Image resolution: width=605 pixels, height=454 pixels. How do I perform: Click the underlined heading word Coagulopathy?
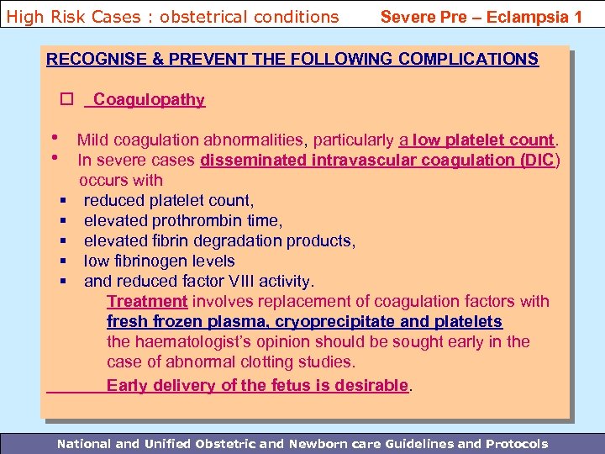(x=149, y=100)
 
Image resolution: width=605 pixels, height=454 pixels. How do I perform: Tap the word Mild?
(x=92, y=140)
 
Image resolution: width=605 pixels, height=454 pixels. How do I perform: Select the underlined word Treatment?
(x=147, y=301)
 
